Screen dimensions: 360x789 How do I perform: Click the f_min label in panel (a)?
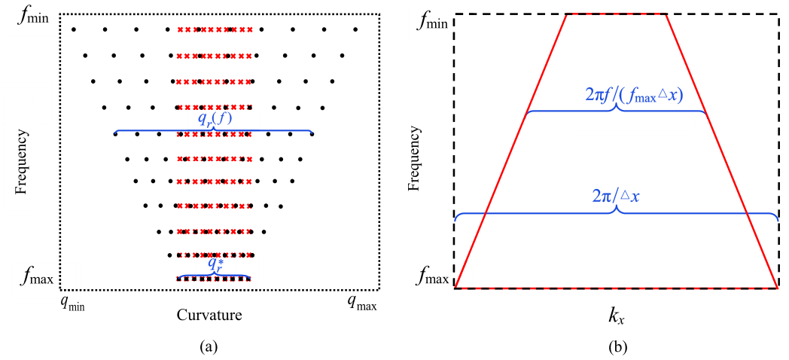[x=34, y=14]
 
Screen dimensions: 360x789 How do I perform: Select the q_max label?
[x=361, y=303]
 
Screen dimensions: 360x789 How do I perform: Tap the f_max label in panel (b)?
[x=434, y=280]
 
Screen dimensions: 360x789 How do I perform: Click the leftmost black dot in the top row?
[x=73, y=29]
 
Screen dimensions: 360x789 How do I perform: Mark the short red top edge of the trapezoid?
[x=616, y=14]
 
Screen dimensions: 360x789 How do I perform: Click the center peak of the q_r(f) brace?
[x=214, y=127]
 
